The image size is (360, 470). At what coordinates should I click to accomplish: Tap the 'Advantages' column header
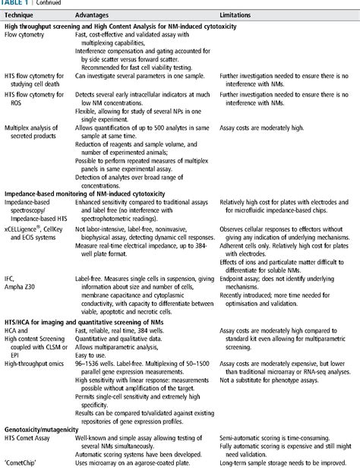94,14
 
